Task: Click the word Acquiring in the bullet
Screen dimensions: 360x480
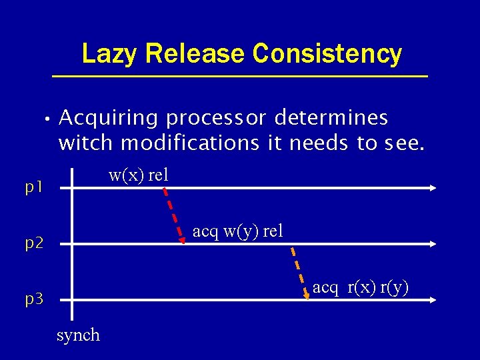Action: click(x=109, y=118)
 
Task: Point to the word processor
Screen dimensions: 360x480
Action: click(x=215, y=118)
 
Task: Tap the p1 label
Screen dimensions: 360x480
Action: click(x=34, y=189)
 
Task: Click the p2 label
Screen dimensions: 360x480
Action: click(x=34, y=243)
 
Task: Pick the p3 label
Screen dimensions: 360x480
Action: click(x=34, y=299)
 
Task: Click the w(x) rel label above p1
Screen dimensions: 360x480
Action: click(x=139, y=175)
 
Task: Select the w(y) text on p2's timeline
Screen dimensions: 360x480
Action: click(x=242, y=231)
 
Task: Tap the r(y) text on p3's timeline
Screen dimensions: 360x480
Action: click(x=394, y=287)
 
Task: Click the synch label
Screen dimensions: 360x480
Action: click(x=78, y=335)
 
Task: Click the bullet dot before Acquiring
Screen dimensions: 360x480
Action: click(x=43, y=120)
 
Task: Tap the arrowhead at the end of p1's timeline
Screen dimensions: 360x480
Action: click(x=433, y=189)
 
